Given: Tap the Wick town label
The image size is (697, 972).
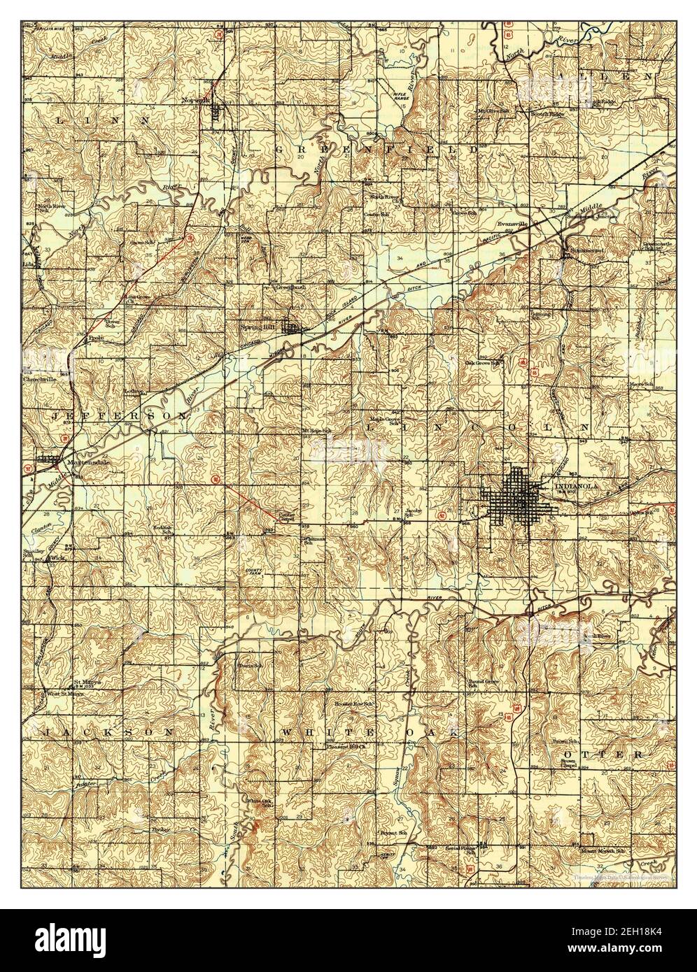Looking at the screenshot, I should (57, 558).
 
